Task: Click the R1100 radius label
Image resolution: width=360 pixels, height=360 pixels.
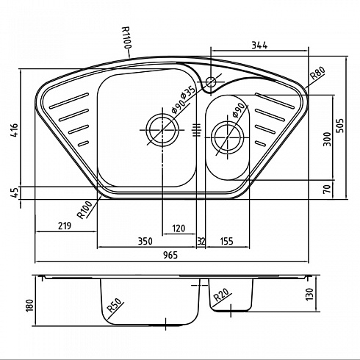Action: click(x=127, y=37)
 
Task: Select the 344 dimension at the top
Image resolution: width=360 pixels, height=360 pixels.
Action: click(x=260, y=46)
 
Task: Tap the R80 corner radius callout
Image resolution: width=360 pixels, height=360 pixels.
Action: click(x=318, y=73)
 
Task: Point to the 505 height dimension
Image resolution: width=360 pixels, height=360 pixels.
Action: click(x=340, y=126)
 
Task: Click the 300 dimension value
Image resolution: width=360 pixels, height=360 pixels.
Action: click(x=327, y=140)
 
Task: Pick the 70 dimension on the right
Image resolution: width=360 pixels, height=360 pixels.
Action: click(x=327, y=189)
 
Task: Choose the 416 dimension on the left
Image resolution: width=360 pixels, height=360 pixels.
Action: click(x=15, y=130)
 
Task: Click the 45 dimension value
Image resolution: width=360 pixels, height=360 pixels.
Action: click(x=15, y=193)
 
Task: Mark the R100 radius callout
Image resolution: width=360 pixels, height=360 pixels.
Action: click(x=84, y=209)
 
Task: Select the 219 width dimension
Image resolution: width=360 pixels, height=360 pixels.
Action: click(x=65, y=226)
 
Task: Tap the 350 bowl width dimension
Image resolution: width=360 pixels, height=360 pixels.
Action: click(x=145, y=241)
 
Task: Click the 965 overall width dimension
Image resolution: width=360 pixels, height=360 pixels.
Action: click(x=170, y=255)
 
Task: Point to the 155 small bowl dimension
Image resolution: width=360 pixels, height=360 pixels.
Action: click(x=227, y=241)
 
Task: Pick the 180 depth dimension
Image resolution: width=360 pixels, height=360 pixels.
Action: click(x=29, y=306)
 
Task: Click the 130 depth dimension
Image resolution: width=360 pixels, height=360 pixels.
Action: click(x=309, y=295)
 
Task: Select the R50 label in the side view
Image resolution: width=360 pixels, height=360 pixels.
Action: click(x=115, y=306)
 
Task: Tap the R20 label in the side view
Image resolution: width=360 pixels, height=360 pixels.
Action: click(x=221, y=295)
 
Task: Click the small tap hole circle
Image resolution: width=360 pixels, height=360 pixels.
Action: click(x=211, y=82)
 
